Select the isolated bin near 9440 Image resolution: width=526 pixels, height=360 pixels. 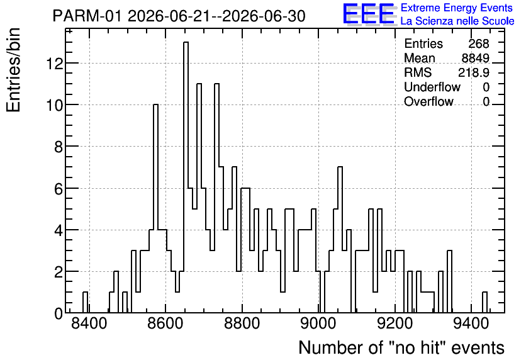pyautogui.click(x=484, y=302)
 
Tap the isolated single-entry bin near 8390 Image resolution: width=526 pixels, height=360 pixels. pyautogui.click(x=85, y=302)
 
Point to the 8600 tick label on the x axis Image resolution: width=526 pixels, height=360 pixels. pyautogui.click(x=165, y=323)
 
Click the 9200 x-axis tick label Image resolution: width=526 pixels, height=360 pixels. pyautogui.click(x=395, y=323)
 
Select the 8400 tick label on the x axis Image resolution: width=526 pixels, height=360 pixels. pyautogui.click(x=89, y=323)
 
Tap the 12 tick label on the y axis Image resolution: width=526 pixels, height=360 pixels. pyautogui.click(x=54, y=64)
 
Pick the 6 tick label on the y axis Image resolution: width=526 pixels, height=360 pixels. pyautogui.click(x=59, y=189)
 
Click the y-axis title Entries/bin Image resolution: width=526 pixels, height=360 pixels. pyautogui.click(x=13, y=70)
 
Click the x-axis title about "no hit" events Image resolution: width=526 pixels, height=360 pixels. pyautogui.click(x=401, y=347)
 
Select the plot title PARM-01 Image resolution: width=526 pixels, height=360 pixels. pyautogui.click(x=87, y=16)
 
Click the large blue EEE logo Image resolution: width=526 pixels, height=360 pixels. pyautogui.click(x=369, y=14)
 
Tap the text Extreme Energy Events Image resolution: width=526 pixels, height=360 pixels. pyautogui.click(x=457, y=8)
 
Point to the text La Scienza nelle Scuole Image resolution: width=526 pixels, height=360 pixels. pyautogui.click(x=457, y=21)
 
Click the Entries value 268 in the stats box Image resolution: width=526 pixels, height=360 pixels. pyautogui.click(x=479, y=43)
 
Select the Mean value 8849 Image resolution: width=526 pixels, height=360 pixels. pyautogui.click(x=475, y=58)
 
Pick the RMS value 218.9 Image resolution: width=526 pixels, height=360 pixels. pyautogui.click(x=474, y=72)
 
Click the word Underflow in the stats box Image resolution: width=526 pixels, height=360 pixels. pyautogui.click(x=432, y=87)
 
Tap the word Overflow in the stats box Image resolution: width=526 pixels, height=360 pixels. pyautogui.click(x=428, y=101)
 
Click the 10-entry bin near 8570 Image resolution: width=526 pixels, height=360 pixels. pyautogui.click(x=155, y=208)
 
